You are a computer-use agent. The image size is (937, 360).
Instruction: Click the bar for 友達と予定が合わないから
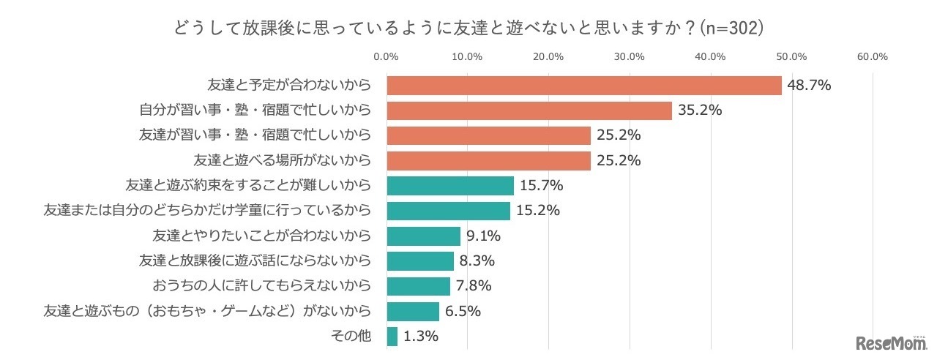(583, 86)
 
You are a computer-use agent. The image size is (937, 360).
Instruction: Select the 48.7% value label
(809, 86)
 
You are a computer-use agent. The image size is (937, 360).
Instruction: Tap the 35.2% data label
(700, 111)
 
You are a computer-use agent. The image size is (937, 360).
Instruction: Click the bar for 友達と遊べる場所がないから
(488, 161)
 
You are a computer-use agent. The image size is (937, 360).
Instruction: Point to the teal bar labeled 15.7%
(450, 186)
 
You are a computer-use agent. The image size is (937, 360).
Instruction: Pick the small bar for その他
(392, 337)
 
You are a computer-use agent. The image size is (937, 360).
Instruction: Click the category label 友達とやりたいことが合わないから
(261, 236)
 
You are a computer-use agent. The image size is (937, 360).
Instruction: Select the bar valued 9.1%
(423, 236)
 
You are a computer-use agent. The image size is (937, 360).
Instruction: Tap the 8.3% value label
(477, 261)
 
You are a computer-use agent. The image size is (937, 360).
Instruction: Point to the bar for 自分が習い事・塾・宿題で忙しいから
(529, 111)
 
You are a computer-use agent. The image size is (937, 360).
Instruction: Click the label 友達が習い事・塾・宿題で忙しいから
(255, 135)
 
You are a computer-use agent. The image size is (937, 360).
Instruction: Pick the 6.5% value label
(463, 312)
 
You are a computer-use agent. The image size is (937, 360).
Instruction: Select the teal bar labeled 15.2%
(448, 211)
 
